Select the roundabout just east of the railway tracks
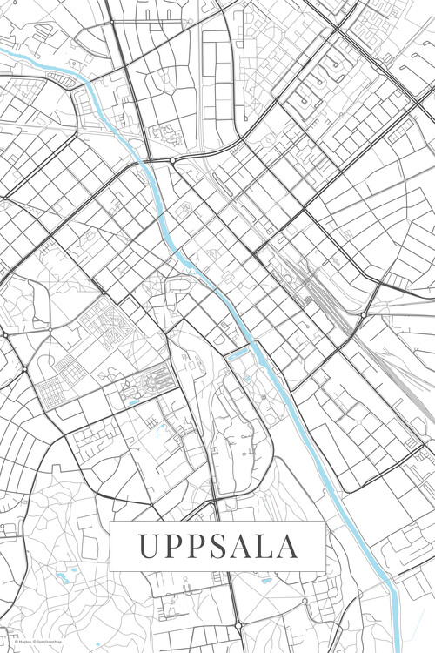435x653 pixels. point(364,313)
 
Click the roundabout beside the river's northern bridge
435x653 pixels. point(172,161)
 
